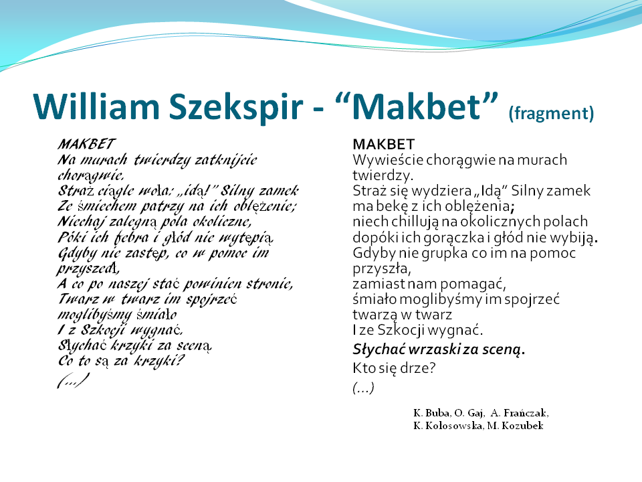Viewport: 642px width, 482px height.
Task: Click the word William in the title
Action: [96, 106]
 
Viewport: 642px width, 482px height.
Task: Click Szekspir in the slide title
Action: [236, 107]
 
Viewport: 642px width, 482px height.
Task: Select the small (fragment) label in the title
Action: [551, 112]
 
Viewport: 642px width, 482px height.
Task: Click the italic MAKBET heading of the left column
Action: [86, 144]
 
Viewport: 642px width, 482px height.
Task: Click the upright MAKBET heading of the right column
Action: [384, 145]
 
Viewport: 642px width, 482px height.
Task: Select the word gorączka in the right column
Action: [450, 238]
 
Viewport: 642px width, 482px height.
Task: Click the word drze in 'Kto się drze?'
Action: [417, 368]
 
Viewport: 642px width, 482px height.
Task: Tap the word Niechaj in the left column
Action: [81, 222]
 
